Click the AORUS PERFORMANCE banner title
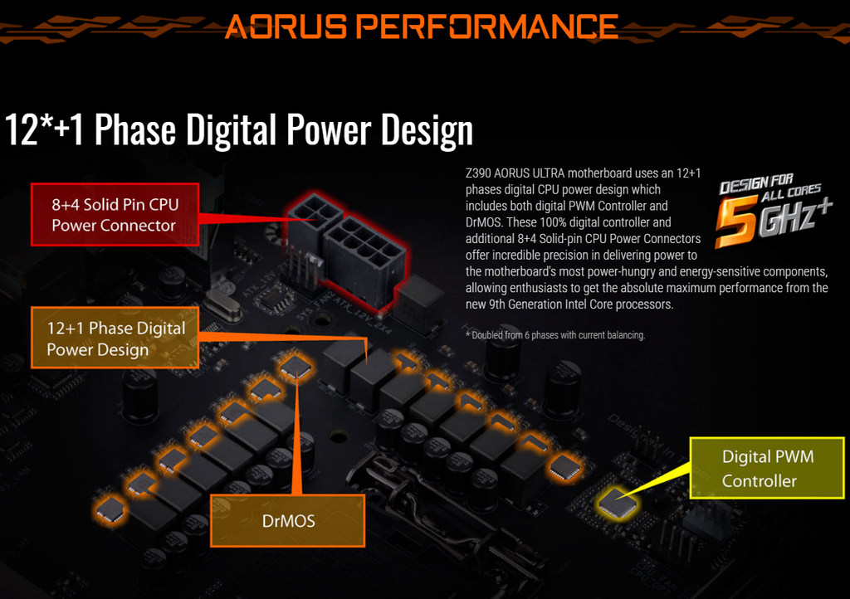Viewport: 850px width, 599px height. tap(422, 27)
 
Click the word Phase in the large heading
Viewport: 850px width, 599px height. tap(135, 129)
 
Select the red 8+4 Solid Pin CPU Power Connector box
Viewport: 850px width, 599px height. tap(115, 215)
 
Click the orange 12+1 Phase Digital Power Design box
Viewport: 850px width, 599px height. tap(115, 338)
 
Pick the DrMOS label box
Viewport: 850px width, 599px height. tap(288, 520)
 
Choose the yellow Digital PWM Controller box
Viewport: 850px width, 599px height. tap(767, 468)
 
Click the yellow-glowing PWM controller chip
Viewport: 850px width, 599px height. tap(618, 503)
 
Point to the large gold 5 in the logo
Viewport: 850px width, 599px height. tap(736, 221)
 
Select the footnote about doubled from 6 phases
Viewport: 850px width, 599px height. tap(555, 335)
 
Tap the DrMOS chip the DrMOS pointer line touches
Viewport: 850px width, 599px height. tap(296, 367)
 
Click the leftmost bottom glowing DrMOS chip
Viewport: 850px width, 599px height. tap(110, 509)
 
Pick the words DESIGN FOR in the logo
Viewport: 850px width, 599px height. tap(756, 183)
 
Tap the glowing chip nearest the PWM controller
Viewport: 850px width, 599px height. tap(564, 467)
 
